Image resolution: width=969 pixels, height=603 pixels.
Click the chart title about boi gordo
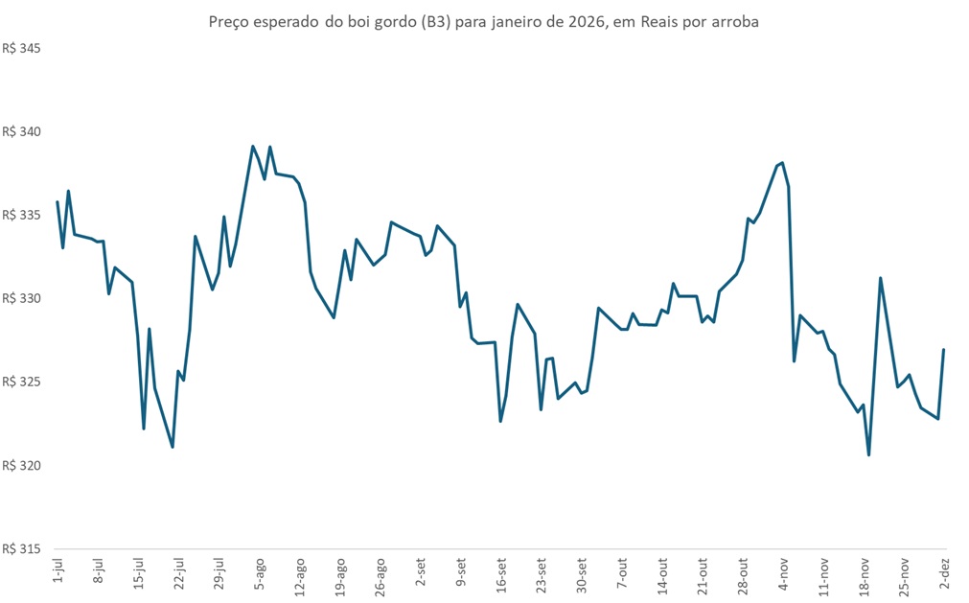tap(484, 21)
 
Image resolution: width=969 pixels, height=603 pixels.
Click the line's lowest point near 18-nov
tap(868, 454)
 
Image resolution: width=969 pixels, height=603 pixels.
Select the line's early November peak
tap(783, 163)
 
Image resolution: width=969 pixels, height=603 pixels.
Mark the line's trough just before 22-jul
tap(173, 447)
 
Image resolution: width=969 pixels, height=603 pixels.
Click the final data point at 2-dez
tap(944, 350)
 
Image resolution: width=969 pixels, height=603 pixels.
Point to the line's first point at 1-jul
tap(58, 202)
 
